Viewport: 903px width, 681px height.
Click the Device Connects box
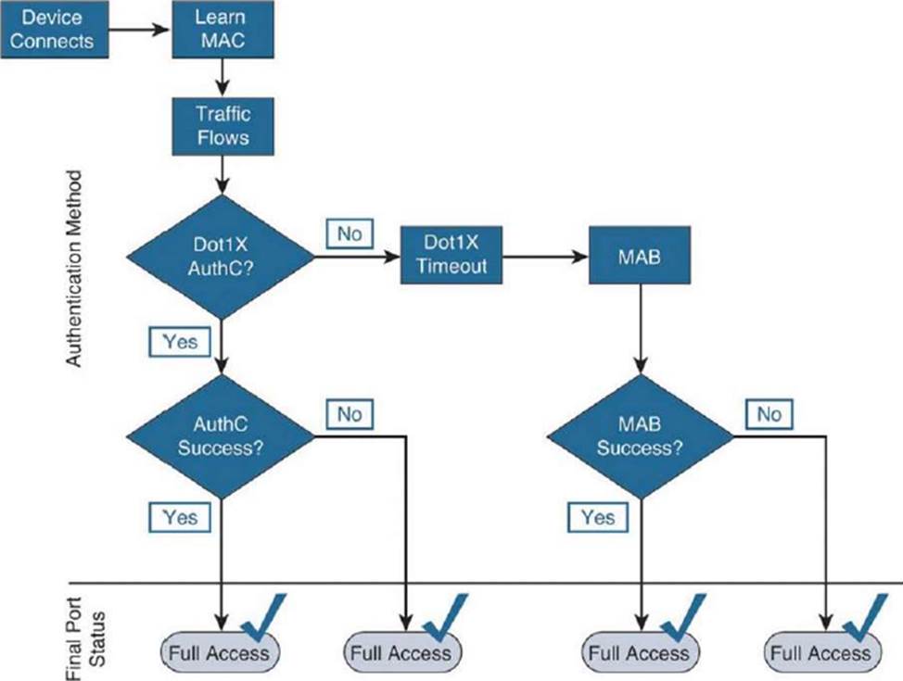coord(53,30)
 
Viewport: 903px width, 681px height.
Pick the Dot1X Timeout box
coord(450,255)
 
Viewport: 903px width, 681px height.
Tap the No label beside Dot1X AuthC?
coord(349,234)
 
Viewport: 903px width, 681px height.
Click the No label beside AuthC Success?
coord(349,413)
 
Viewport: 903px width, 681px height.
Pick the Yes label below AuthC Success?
coord(180,516)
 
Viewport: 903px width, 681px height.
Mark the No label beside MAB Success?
coord(769,413)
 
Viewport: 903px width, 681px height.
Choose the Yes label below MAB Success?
coord(598,516)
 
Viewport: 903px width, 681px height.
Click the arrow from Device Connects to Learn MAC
coord(139,30)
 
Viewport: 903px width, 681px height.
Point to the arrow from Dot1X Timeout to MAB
coord(544,255)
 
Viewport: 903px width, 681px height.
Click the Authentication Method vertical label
coord(75,269)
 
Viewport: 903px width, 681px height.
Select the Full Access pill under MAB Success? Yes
coord(638,653)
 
